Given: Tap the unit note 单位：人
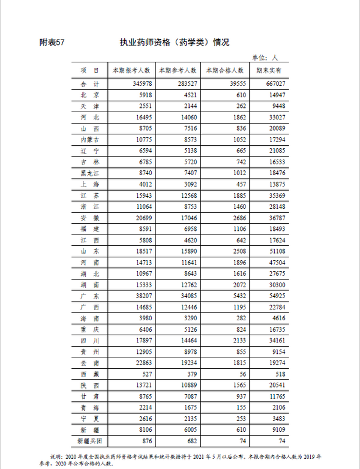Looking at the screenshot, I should (265, 58).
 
